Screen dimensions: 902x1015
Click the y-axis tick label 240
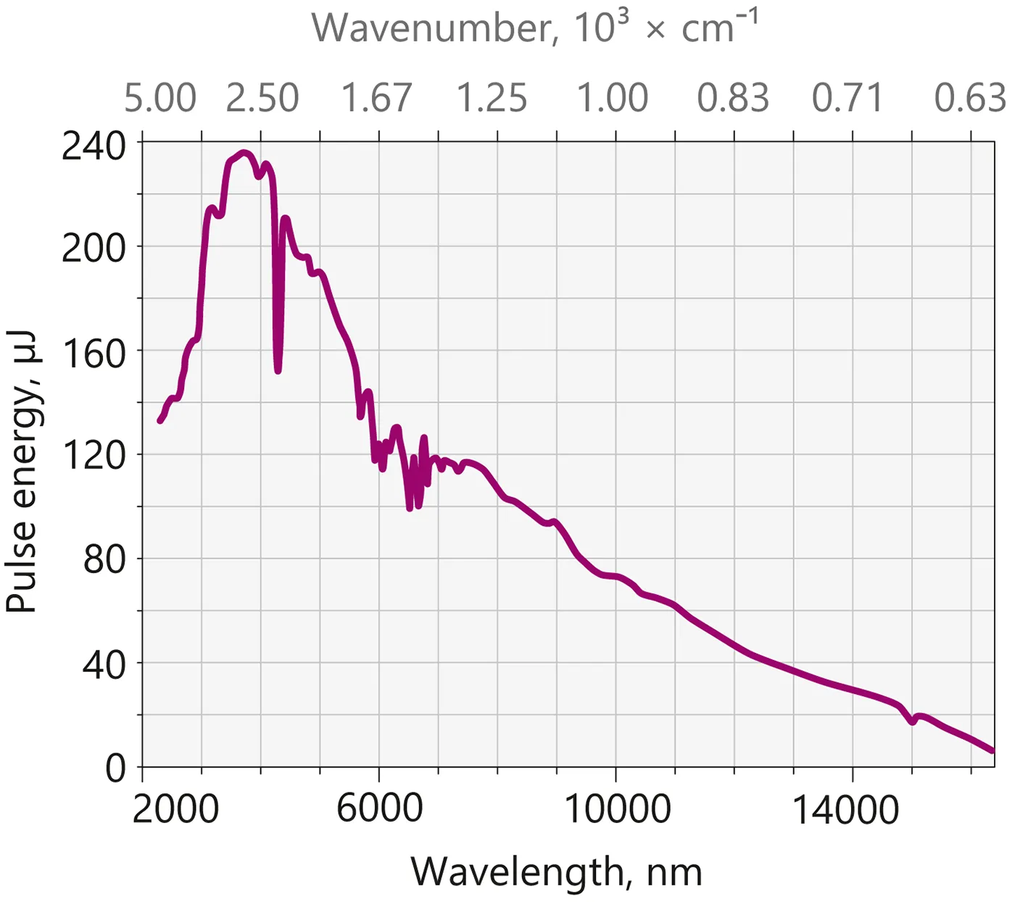94,146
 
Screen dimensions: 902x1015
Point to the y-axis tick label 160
94,353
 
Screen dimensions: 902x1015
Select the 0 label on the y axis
115,767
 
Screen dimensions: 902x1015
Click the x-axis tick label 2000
175,809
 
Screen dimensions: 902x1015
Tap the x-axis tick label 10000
617,809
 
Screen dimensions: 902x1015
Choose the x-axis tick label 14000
845,809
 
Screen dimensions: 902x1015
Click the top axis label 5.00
159,99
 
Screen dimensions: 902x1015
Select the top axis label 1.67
376,99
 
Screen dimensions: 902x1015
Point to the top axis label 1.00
612,99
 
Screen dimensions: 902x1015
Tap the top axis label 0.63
970,99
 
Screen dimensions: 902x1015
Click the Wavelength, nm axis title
556,872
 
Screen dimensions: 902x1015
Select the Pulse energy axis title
22,471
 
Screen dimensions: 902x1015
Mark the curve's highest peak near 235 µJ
244,153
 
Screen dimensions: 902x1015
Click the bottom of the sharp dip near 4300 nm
278,370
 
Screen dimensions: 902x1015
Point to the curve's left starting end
160,420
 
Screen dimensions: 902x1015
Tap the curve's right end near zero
992,751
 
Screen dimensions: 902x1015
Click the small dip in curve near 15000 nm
912,722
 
